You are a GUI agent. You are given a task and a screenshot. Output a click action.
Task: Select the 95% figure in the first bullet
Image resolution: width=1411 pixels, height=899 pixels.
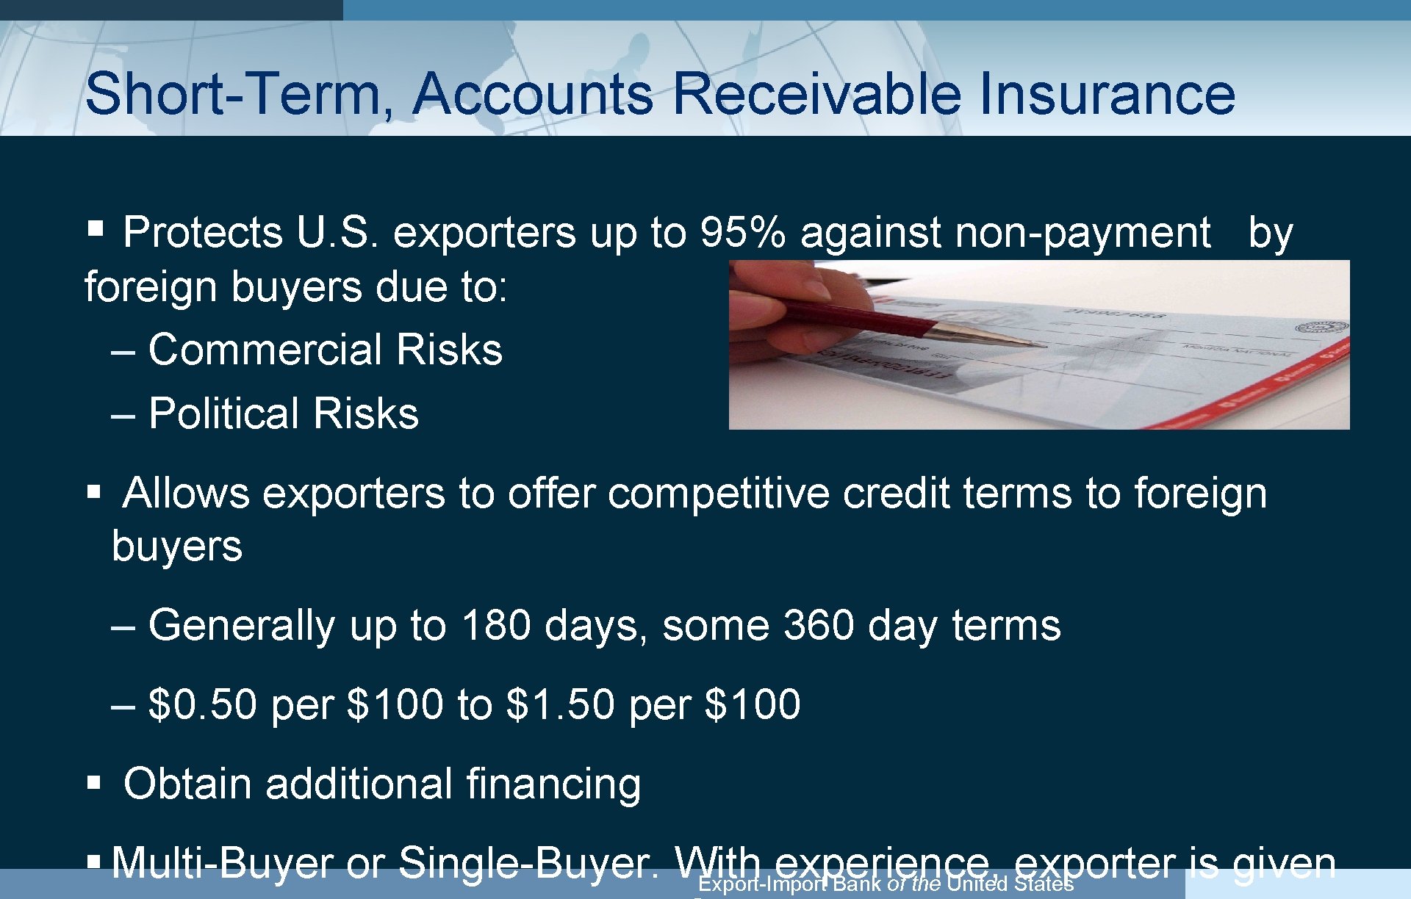742,233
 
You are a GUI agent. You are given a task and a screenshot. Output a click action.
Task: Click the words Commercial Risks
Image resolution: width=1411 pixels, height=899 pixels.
325,350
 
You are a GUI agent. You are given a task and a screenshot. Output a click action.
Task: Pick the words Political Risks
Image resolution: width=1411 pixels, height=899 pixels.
283,414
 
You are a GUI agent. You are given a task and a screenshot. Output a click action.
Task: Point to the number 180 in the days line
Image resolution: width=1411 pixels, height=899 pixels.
496,626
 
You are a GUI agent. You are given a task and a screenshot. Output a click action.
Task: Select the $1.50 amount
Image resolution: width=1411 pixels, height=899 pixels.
560,704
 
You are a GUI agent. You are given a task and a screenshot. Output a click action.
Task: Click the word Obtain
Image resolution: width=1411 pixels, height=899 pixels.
187,784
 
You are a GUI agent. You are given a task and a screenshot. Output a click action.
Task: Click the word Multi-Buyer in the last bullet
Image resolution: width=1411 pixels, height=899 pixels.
222,862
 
